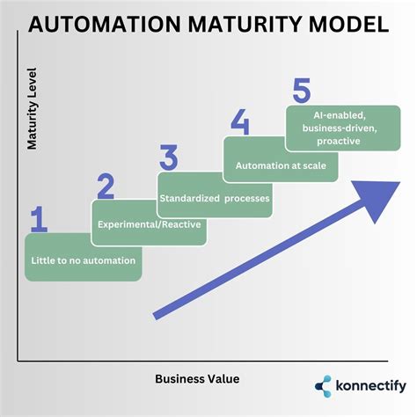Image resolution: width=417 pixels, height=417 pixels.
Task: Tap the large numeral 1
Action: click(39, 220)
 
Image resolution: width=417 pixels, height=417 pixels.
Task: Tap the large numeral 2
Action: click(106, 187)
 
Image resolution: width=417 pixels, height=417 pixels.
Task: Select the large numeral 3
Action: click(170, 158)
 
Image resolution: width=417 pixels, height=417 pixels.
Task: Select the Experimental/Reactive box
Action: click(149, 223)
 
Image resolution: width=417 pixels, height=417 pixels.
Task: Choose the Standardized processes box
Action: click(214, 196)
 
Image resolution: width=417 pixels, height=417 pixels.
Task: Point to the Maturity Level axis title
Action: click(32, 119)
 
